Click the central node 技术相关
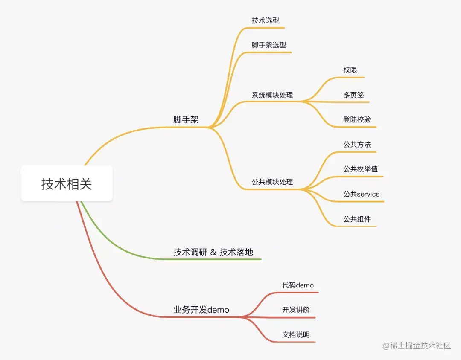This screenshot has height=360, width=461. point(67,184)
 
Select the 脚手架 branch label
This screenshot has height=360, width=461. point(186,120)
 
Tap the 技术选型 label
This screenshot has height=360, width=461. point(266,20)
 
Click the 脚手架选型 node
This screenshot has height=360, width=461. point(269,45)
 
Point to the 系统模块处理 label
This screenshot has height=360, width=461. point(272,95)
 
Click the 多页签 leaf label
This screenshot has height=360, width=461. point(353,95)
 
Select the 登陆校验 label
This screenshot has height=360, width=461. point(357,120)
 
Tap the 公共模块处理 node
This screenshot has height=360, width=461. point(272,182)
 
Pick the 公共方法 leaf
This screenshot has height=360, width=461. point(357,145)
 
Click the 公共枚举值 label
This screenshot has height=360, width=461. point(360,169)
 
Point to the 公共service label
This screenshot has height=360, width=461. point(361,194)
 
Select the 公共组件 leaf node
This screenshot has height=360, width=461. point(357,219)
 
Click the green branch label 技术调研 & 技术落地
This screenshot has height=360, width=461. point(213,252)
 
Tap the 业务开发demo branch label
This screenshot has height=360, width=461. point(201,310)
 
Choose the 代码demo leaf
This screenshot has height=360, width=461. point(298,285)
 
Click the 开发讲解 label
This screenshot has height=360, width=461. point(295,310)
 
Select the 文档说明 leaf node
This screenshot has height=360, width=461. point(295,335)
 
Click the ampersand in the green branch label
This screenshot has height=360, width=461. point(213,253)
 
